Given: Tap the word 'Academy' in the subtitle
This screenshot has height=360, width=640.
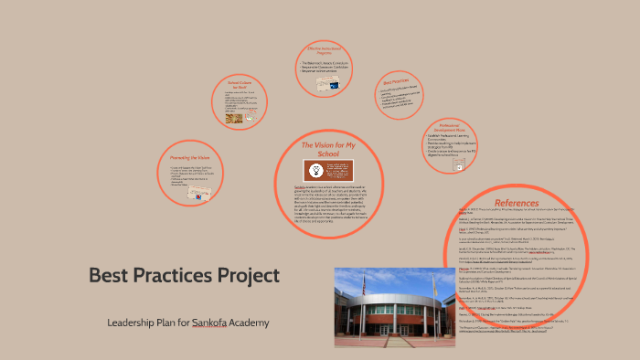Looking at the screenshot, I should click(x=249, y=323).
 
